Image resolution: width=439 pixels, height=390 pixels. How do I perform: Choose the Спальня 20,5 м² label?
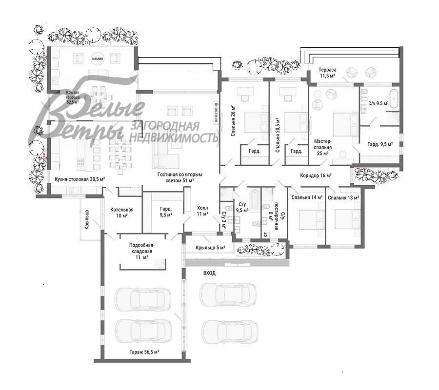click(x=277, y=135)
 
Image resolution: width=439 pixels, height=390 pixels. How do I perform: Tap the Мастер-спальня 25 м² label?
click(x=322, y=147)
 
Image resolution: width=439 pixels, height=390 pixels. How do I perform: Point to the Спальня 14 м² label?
click(x=307, y=197)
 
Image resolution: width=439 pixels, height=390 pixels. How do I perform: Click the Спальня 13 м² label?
click(x=343, y=197)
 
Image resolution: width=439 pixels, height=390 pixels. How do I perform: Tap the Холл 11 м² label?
click(x=202, y=210)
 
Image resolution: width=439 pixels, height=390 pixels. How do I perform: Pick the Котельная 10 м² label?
click(x=121, y=212)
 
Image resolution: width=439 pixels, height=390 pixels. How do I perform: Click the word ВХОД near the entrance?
click(x=209, y=273)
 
